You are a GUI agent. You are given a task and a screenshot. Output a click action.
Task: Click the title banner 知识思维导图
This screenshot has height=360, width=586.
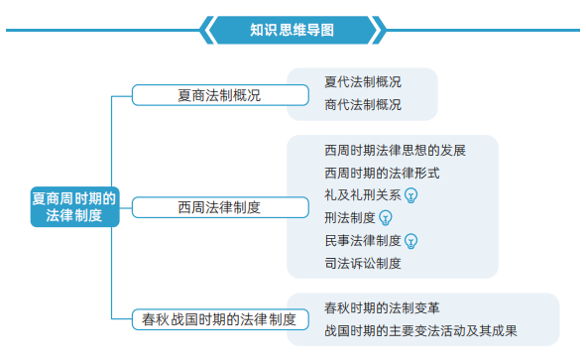(292, 30)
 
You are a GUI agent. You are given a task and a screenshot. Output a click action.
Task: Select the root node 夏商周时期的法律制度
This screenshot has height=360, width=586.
(74, 206)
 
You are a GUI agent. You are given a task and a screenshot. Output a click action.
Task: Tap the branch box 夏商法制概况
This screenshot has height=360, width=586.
(220, 95)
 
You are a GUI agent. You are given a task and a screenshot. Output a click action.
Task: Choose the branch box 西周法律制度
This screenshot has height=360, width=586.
(220, 207)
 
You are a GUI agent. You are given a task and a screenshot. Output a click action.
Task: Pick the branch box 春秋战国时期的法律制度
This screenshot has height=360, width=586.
(220, 319)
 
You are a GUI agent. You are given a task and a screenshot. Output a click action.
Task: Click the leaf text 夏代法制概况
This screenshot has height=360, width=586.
(363, 82)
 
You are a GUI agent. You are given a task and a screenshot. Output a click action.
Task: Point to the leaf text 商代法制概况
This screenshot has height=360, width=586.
(363, 105)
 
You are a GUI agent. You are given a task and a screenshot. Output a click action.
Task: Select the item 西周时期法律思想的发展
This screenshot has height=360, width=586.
(395, 151)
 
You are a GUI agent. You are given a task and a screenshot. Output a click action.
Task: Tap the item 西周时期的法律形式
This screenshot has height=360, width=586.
(382, 174)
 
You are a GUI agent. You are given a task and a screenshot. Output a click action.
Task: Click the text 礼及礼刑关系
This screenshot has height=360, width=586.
(363, 195)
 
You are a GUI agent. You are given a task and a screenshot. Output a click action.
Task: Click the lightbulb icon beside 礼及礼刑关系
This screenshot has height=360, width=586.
(411, 195)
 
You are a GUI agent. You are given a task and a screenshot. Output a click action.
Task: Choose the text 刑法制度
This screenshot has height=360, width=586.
(350, 218)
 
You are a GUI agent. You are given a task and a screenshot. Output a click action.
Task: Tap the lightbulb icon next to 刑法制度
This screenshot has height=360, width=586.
(386, 218)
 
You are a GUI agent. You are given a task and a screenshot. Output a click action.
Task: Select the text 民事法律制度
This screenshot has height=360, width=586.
(363, 241)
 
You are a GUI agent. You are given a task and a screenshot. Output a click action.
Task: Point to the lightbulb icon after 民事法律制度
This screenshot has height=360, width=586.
(411, 241)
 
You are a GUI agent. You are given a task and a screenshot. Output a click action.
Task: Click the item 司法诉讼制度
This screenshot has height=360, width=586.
(363, 264)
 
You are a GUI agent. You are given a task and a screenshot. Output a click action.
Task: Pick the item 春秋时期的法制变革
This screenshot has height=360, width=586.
(382, 308)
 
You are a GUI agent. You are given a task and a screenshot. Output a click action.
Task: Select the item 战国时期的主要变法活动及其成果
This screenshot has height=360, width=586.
(420, 331)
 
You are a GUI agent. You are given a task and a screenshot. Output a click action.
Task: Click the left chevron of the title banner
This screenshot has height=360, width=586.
(206, 30)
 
